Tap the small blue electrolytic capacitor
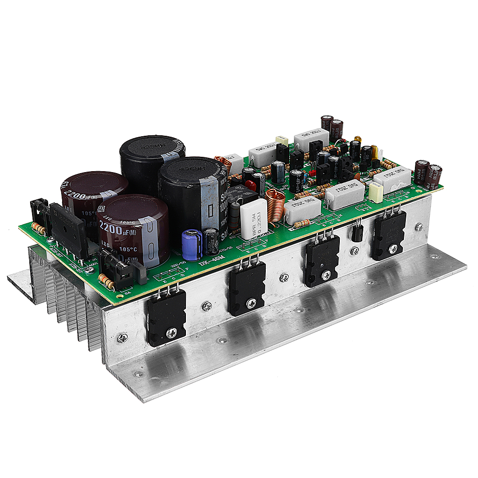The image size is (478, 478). click(x=192, y=244)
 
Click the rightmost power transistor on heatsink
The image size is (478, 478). click(x=389, y=235)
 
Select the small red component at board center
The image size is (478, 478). click(x=312, y=172)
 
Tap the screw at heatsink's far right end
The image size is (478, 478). click(x=419, y=227)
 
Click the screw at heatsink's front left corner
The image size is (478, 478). click(x=122, y=338)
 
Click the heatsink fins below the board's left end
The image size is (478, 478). click(x=72, y=306)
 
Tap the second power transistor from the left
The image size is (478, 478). click(x=247, y=289)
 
